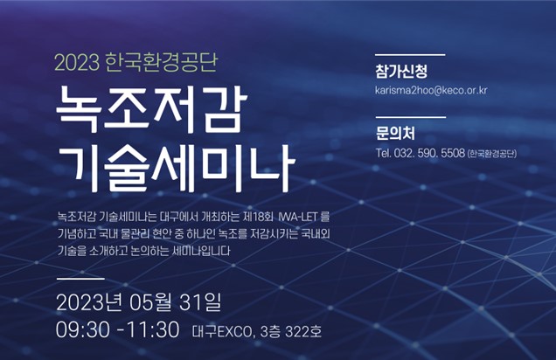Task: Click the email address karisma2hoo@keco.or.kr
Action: (431, 90)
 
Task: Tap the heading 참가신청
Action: (401, 71)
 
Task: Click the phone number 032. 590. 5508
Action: (429, 153)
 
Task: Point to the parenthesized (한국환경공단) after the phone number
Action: (492, 154)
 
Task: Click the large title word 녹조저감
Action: (151, 108)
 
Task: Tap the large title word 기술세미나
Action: (176, 167)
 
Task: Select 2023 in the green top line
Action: (77, 63)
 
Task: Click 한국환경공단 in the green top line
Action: (162, 62)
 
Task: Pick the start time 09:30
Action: (83, 330)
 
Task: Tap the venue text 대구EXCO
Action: (222, 332)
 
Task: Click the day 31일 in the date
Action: (200, 303)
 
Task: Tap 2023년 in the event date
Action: (89, 303)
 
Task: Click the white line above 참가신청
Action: (410, 55)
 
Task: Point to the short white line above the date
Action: (80, 279)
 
